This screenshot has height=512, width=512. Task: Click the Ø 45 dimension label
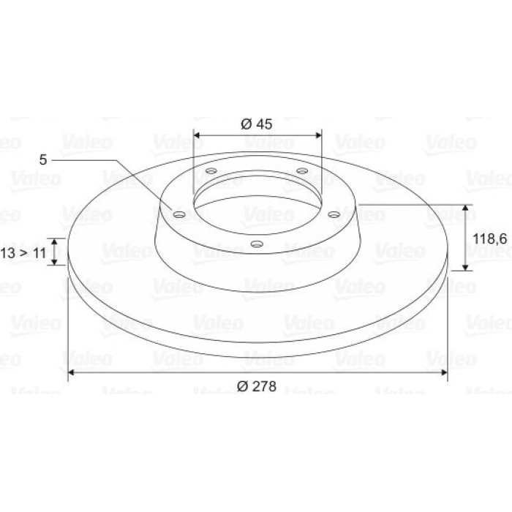point(256,124)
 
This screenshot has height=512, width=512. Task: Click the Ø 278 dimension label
point(257,386)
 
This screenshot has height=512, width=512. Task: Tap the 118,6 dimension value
point(490,239)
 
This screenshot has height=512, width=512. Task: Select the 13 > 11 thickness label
point(23,253)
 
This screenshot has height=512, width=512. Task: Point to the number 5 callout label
point(43,160)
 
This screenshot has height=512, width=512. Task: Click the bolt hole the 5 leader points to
point(179,214)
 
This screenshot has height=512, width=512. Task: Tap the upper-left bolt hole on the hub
point(211,170)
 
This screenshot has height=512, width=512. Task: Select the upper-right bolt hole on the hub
point(302,170)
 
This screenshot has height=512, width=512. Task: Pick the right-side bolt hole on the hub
point(334,214)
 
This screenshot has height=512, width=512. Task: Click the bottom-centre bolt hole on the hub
point(257,244)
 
